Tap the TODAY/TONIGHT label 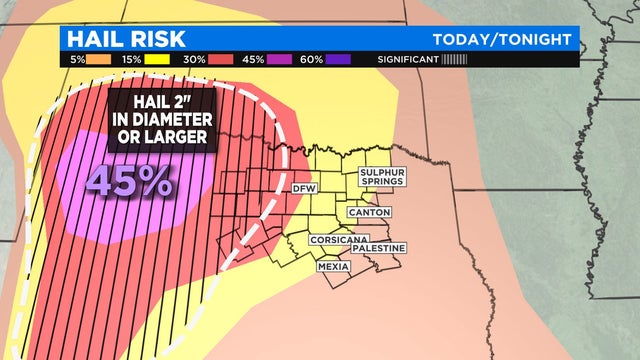coord(503,38)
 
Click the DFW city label coord(303,189)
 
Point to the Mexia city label coord(334,267)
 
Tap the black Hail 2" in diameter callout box coord(160,124)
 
